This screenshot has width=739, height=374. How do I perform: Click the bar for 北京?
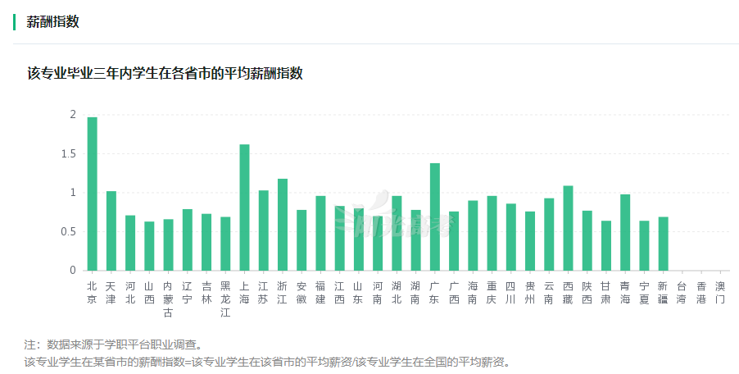92,194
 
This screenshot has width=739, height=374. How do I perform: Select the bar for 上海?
244,208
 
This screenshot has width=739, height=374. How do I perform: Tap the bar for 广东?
435,217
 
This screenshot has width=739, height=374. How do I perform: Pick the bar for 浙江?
283,225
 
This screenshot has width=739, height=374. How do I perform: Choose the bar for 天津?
111,231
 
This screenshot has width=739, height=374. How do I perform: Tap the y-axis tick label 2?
73,115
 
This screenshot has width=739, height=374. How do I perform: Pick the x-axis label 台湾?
682,293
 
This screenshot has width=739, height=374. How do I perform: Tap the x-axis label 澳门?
720,293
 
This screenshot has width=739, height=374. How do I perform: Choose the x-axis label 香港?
701,293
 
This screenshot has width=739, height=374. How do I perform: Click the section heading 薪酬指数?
53,22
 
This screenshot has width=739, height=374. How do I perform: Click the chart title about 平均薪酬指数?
165,73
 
